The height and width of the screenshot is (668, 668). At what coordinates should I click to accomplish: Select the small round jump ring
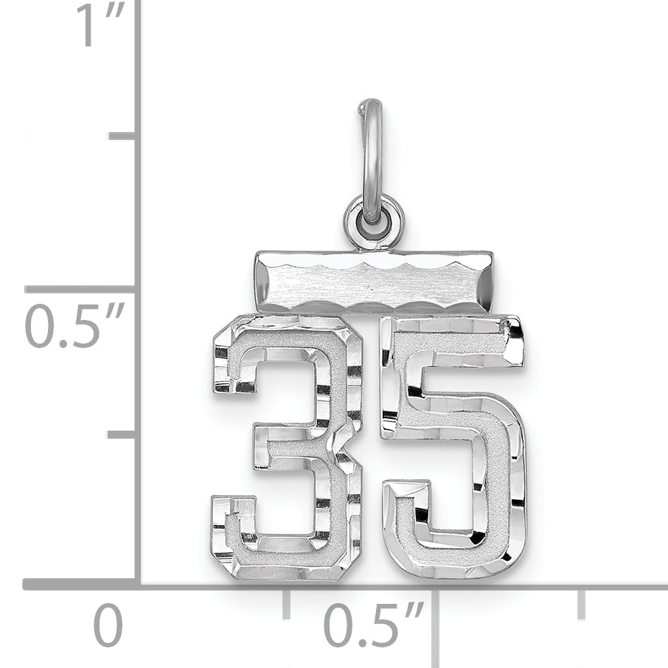(x=374, y=221)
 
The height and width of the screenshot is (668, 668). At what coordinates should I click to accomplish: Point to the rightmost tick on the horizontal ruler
(x=582, y=603)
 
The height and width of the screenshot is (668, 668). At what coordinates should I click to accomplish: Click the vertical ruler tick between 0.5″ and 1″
(x=122, y=136)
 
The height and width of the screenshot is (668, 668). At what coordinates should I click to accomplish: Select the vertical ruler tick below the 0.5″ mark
(x=122, y=434)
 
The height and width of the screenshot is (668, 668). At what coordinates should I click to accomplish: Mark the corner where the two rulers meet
(x=138, y=584)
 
